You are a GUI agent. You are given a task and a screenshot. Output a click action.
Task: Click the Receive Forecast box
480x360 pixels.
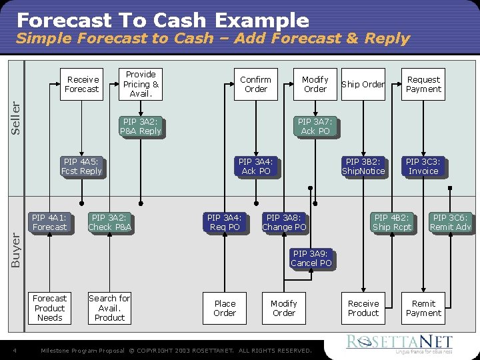click(83, 84)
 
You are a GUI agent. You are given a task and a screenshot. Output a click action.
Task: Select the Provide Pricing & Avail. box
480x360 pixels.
click(141, 84)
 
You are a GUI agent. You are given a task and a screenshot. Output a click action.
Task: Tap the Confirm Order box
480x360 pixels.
click(255, 84)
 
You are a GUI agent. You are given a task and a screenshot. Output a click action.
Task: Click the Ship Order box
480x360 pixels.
click(363, 84)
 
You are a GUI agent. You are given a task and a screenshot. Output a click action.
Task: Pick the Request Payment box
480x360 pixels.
click(423, 84)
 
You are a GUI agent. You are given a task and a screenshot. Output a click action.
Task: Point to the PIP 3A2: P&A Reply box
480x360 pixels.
click(141, 127)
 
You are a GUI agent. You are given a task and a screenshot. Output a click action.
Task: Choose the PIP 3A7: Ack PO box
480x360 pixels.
click(315, 127)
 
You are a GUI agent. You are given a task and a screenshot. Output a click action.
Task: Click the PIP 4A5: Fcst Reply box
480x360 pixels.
click(81, 167)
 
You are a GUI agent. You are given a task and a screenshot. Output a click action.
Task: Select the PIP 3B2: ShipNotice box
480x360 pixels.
click(363, 167)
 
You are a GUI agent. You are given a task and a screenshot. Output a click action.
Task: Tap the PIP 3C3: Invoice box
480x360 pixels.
click(423, 167)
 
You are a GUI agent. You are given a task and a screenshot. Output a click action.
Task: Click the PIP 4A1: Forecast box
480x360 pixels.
click(49, 223)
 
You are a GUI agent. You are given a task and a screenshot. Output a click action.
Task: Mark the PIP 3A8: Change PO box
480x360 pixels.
click(284, 223)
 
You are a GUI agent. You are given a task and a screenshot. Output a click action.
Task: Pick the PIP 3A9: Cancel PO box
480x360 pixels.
click(311, 259)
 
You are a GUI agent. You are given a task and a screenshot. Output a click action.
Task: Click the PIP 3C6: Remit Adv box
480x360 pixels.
click(450, 223)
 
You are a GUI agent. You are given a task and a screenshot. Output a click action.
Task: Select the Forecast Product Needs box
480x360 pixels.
click(49, 308)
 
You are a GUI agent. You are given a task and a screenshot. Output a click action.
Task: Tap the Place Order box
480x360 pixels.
click(225, 308)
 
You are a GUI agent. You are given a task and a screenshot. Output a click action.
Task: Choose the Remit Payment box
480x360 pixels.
click(423, 308)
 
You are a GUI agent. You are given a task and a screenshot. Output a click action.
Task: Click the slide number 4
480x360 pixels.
click(15, 351)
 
